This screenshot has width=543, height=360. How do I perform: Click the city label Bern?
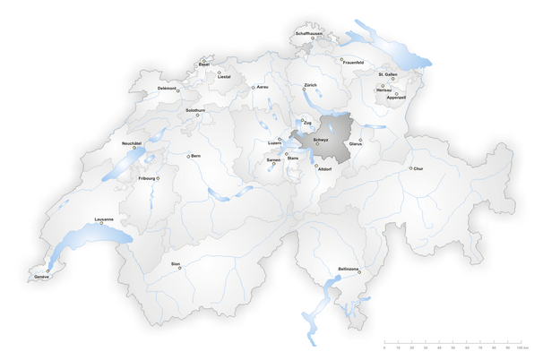196,157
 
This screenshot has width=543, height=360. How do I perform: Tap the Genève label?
41,278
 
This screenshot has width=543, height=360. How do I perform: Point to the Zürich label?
310,85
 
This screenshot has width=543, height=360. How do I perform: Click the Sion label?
176,264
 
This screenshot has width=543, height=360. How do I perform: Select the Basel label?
204,65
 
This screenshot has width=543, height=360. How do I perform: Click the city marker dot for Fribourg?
159,178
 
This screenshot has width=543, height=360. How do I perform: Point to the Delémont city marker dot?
178,90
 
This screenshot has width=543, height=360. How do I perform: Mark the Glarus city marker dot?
360,139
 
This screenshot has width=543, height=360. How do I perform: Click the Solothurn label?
195,110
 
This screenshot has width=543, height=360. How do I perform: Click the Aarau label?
263,87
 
